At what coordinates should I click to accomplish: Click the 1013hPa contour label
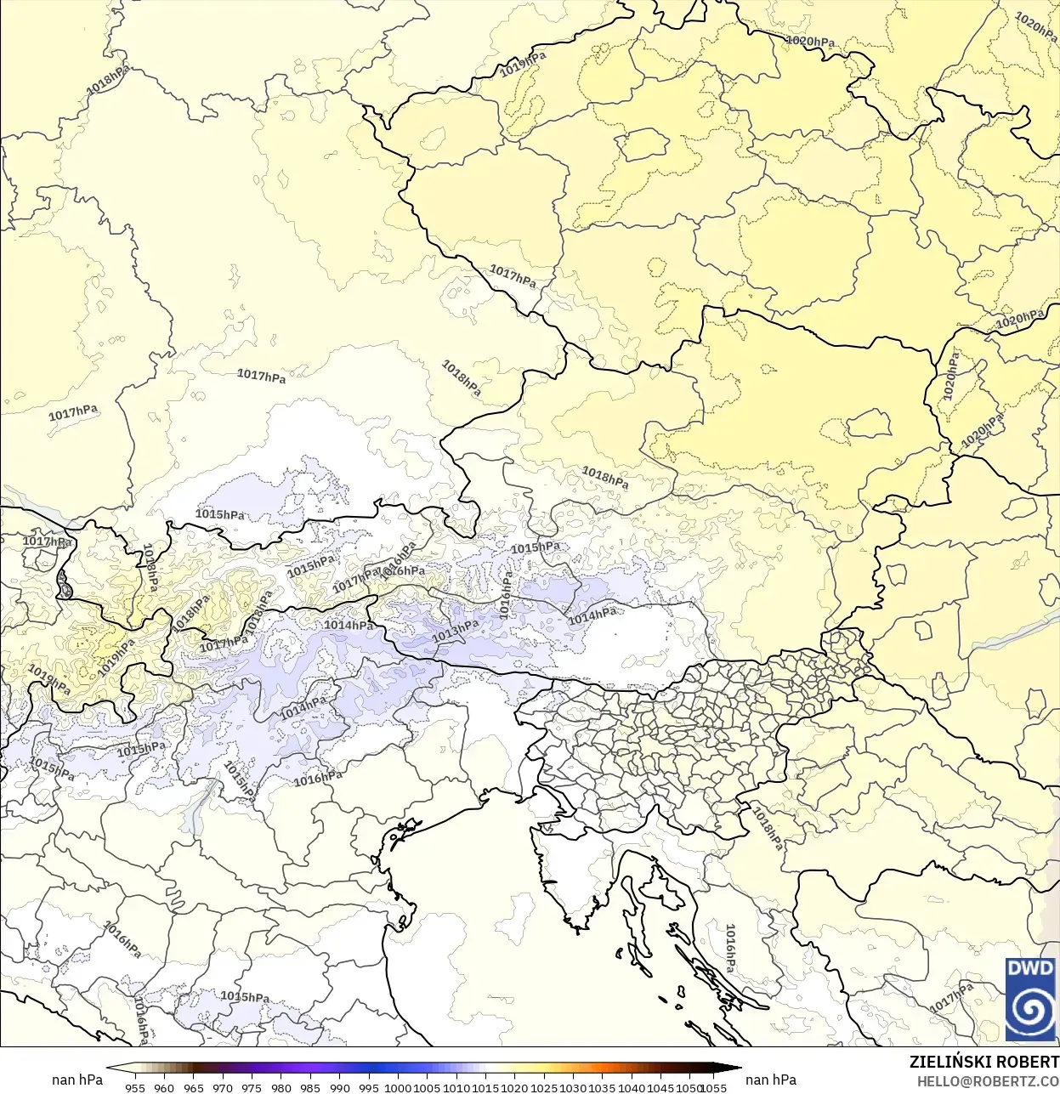pyautogui.click(x=456, y=631)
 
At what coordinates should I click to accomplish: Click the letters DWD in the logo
pyautogui.click(x=1030, y=968)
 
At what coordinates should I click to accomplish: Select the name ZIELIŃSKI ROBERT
pyautogui.click(x=983, y=1063)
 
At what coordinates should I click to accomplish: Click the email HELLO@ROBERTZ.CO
pyautogui.click(x=988, y=1081)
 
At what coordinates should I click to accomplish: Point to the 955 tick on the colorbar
pyautogui.click(x=135, y=1087)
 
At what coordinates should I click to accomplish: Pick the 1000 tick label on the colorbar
pyautogui.click(x=398, y=1087)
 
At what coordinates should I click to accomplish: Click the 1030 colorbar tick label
pyautogui.click(x=573, y=1087)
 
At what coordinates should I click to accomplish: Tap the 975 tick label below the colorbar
pyautogui.click(x=252, y=1087)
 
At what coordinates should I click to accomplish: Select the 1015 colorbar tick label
pyautogui.click(x=485, y=1087)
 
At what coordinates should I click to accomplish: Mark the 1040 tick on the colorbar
pyautogui.click(x=632, y=1087)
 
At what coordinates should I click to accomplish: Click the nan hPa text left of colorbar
pyautogui.click(x=77, y=1080)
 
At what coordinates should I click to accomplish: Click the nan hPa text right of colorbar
pyautogui.click(x=771, y=1080)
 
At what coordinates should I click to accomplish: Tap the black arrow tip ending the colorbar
pyautogui.click(x=736, y=1069)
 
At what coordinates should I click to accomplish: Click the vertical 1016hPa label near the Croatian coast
pyautogui.click(x=730, y=949)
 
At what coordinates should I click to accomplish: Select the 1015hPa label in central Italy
pyautogui.click(x=245, y=996)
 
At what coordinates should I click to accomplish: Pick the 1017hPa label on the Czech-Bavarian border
pyautogui.click(x=513, y=275)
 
